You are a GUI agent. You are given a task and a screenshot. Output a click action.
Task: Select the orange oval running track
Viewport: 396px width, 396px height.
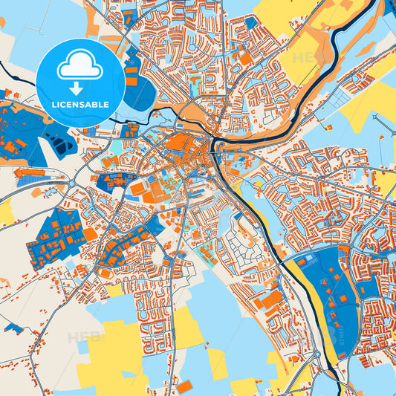108,273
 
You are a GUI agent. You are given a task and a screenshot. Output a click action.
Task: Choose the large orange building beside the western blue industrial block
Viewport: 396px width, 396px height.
89,233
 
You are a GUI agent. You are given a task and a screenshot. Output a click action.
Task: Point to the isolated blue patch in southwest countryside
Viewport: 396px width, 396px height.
13,328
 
